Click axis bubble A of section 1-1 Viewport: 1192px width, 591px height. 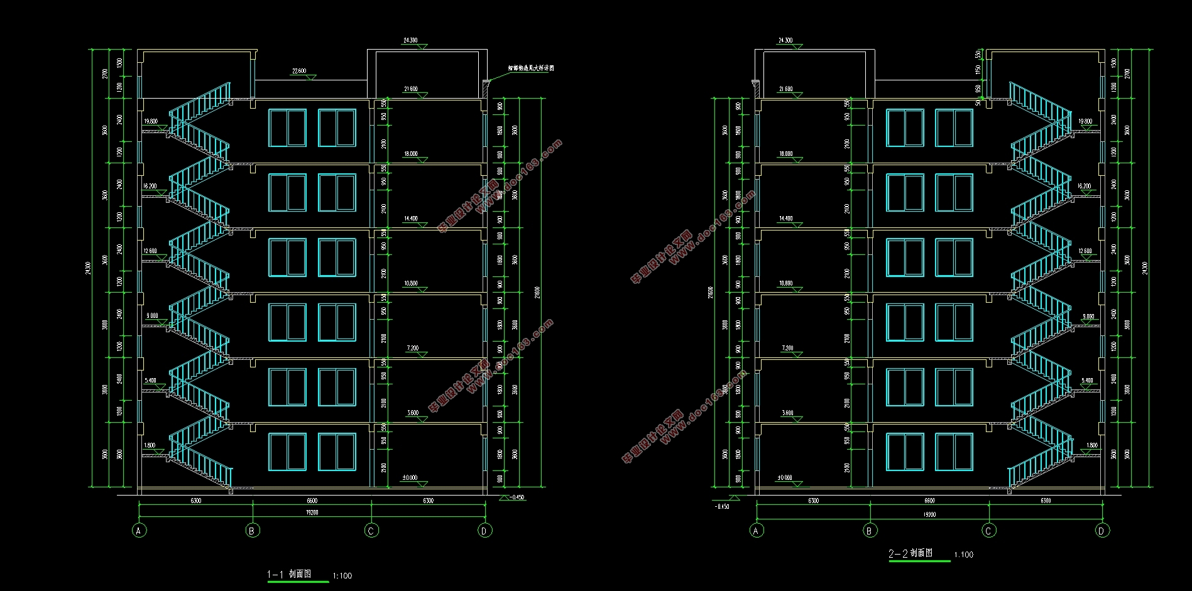tap(139, 531)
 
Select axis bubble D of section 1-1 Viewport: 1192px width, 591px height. tap(484, 531)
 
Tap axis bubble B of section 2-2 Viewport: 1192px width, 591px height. tap(870, 531)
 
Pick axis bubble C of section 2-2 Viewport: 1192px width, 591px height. tap(988, 531)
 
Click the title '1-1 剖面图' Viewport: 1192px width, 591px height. tap(289, 574)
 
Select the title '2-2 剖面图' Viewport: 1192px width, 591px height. tap(910, 553)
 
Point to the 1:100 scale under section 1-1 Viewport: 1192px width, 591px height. tap(342, 576)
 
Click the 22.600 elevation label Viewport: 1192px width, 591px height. tap(299, 71)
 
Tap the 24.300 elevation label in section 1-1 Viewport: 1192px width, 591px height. tap(410, 40)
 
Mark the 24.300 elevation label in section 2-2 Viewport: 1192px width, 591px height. tap(785, 40)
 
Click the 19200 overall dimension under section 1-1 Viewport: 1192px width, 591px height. tap(312, 512)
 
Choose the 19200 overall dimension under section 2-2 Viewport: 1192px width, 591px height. tap(929, 514)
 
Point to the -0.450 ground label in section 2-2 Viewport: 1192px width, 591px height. tap(722, 506)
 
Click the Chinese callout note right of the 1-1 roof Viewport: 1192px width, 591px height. tap(531, 68)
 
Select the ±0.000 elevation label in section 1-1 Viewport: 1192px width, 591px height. tap(410, 478)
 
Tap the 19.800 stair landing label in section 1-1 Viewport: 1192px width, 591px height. tap(150, 121)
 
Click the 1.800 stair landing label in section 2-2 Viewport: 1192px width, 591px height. tap(1092, 445)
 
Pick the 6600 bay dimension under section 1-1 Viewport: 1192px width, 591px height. tap(312, 501)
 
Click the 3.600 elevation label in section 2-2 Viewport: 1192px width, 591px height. tap(787, 413)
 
